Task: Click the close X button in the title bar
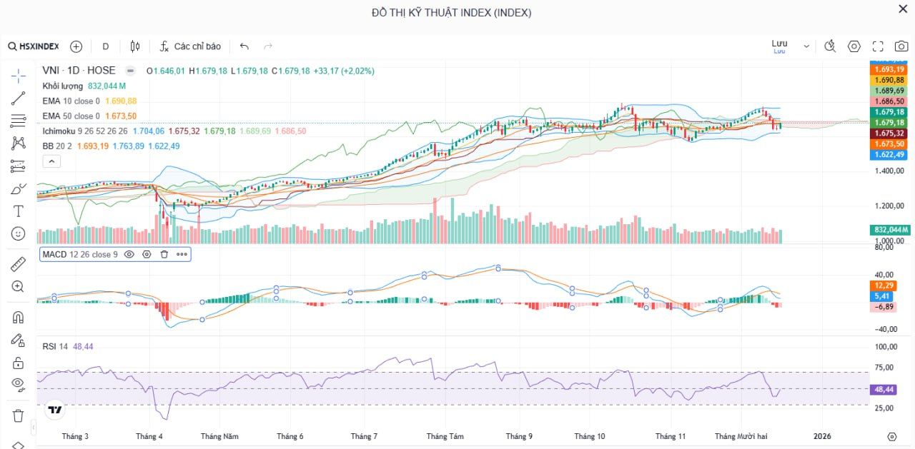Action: coord(903,9)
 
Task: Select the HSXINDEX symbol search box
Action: coord(34,46)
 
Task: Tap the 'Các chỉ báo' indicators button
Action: coord(190,46)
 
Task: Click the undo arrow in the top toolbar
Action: coord(244,46)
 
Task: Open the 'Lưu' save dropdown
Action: coord(790,46)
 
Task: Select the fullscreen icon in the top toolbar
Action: coord(878,46)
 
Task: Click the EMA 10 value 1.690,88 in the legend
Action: coord(121,101)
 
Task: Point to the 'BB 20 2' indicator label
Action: coord(58,146)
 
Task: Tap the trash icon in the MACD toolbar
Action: coord(164,254)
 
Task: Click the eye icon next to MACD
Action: coord(129,254)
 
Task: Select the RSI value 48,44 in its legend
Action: coord(83,346)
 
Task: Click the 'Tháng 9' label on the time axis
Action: coord(519,436)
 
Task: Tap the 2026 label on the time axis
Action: coord(822,436)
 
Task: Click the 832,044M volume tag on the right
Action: coord(890,230)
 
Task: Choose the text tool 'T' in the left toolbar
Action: coord(19,211)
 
